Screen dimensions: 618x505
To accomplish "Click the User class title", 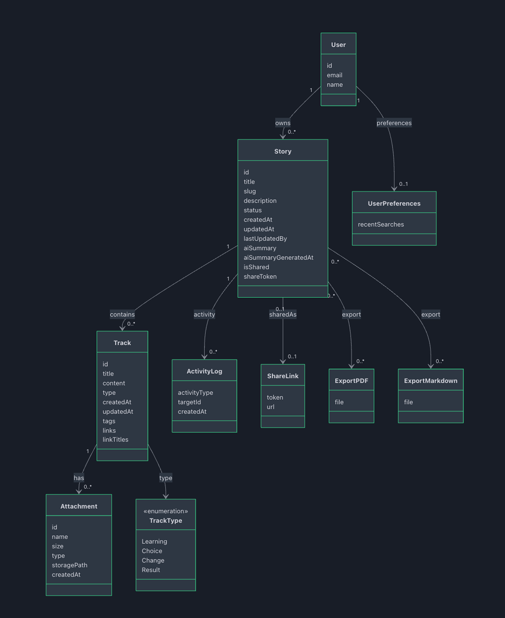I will (338, 45).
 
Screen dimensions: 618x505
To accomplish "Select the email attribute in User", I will (334, 75).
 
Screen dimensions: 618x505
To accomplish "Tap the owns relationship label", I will (282, 123).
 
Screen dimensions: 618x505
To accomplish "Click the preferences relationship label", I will (394, 123).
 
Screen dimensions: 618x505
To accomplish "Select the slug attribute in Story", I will (250, 191).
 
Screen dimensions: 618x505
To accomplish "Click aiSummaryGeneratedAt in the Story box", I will (278, 258).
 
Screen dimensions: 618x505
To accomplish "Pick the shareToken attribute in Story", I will (260, 276).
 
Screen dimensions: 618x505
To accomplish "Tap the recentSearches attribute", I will (380, 224).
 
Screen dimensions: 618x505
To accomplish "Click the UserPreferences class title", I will (394, 203).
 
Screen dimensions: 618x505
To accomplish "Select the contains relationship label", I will (122, 314).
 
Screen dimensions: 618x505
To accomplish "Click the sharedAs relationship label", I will (282, 314).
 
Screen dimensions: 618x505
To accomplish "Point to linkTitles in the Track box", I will (115, 439).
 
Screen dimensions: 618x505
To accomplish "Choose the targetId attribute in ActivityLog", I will (189, 402).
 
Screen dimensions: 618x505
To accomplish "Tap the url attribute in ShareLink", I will (270, 407).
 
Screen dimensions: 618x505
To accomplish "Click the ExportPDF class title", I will (351, 381).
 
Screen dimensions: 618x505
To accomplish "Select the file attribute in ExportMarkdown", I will (408, 402).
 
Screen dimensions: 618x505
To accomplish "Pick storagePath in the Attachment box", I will (69, 565).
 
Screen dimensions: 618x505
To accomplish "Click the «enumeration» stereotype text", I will (166, 511).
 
